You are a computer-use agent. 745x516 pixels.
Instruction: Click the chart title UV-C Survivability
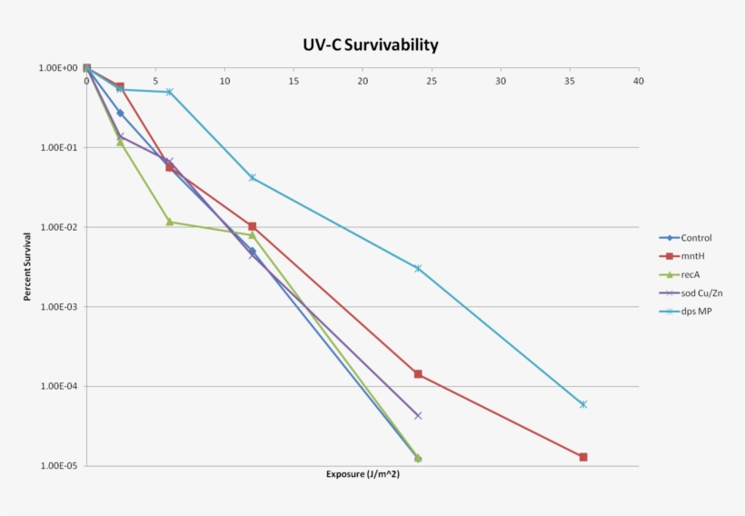click(371, 45)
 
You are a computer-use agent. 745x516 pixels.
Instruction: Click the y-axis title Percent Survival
click(29, 267)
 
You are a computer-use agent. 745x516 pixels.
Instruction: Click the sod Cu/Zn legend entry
click(700, 293)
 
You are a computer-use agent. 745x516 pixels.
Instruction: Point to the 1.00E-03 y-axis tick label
click(57, 307)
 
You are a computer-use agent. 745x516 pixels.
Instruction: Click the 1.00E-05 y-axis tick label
click(57, 466)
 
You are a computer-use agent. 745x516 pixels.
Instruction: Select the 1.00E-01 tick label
click(57, 148)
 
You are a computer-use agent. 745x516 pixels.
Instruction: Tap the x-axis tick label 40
click(639, 82)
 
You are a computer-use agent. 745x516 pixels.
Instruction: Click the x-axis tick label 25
click(432, 82)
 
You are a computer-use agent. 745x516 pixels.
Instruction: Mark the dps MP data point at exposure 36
click(583, 404)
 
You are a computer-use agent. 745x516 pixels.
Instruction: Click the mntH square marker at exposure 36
click(583, 457)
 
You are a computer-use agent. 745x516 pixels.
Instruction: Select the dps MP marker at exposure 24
click(418, 268)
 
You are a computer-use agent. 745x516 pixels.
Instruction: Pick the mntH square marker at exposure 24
click(418, 374)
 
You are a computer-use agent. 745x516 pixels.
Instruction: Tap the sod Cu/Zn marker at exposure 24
click(418, 415)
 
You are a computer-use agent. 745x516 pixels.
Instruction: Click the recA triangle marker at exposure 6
click(169, 222)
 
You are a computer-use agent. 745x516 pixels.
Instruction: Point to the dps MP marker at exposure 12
click(253, 177)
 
